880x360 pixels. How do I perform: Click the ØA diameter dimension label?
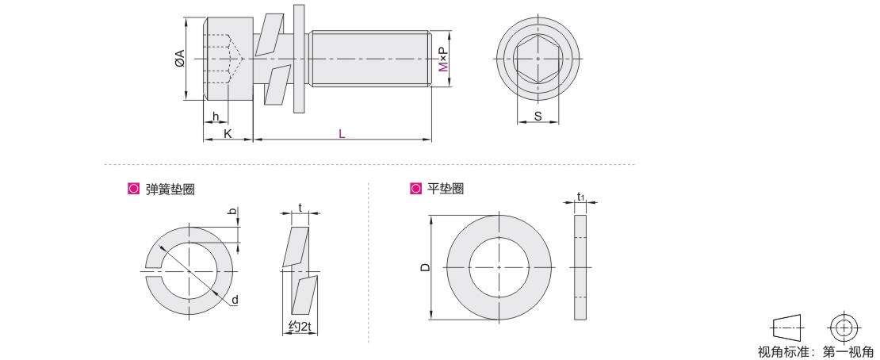[180, 58]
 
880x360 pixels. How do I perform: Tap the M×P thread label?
[444, 59]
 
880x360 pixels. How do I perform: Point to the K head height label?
[228, 134]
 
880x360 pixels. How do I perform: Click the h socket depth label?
[216, 117]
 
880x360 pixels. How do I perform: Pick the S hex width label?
[538, 117]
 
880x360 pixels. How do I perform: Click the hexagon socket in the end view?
[538, 58]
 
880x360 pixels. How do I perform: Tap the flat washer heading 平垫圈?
[445, 189]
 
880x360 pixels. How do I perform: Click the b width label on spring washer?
[231, 211]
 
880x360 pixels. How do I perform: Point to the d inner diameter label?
[235, 301]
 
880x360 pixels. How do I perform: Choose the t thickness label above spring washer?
[300, 207]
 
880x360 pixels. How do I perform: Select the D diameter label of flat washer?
[426, 267]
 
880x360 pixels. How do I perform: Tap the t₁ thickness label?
[581, 197]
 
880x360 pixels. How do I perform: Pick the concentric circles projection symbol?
[843, 327]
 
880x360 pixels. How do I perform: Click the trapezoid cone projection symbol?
[788, 327]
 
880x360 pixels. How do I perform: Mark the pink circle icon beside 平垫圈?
[415, 189]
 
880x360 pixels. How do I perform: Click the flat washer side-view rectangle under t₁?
[580, 267]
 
